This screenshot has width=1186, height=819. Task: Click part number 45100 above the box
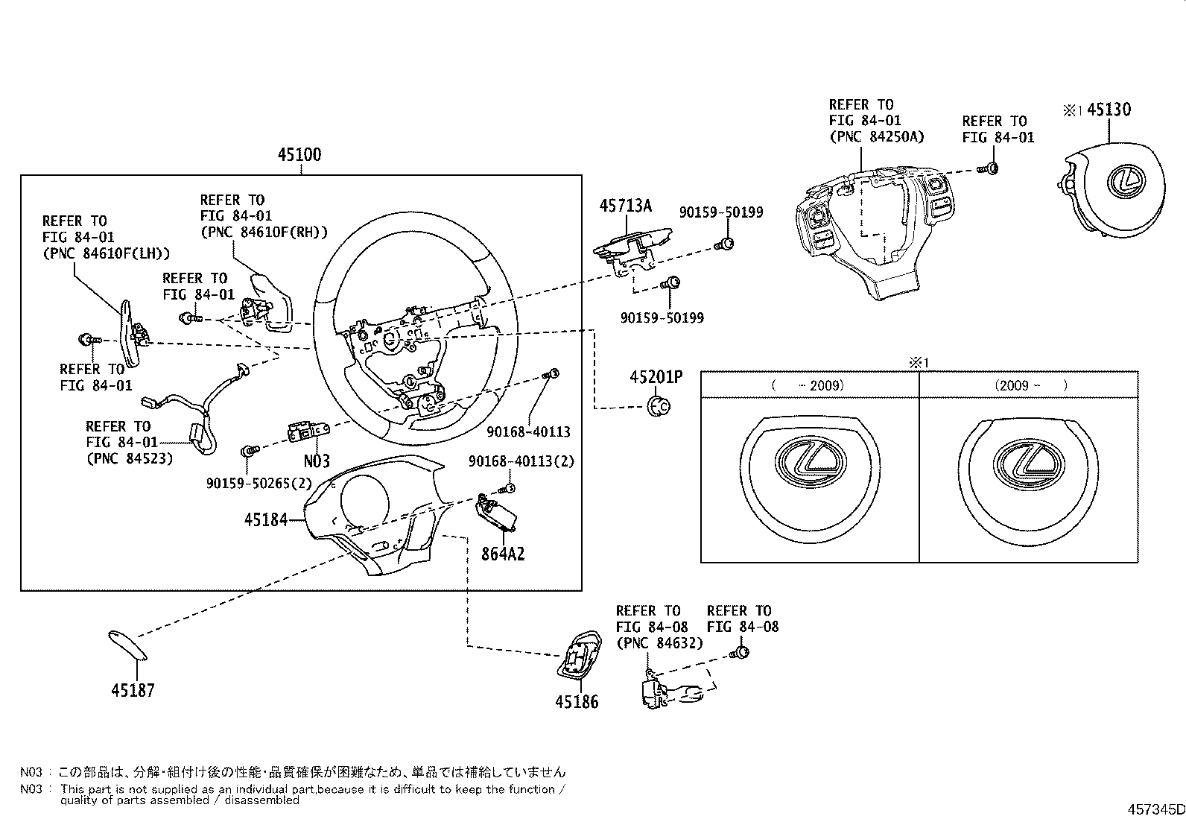tap(299, 155)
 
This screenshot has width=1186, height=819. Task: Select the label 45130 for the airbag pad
tap(1109, 110)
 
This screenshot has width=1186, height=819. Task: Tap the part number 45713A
tap(625, 206)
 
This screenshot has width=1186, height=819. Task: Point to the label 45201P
tap(656, 377)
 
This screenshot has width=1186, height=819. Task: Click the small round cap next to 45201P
tap(659, 406)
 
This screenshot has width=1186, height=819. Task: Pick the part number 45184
tap(265, 519)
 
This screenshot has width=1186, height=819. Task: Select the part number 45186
tap(577, 701)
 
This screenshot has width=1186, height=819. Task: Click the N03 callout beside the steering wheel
tap(317, 461)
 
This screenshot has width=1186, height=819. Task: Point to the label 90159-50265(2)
tap(259, 483)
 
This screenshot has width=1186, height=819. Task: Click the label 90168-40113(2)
tap(521, 461)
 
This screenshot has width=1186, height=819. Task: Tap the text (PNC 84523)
tap(130, 458)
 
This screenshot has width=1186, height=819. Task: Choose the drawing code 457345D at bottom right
tap(1155, 809)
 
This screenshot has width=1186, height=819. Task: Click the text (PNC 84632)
tap(659, 642)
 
